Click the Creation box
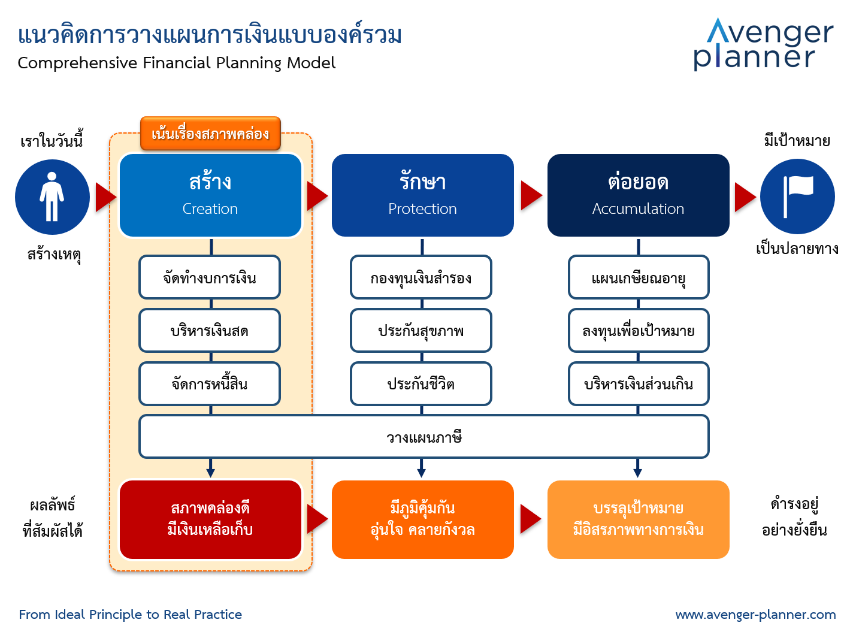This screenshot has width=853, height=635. pyautogui.click(x=210, y=195)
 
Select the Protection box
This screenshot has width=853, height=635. pyautogui.click(x=422, y=195)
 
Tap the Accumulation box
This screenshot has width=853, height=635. pyautogui.click(x=638, y=195)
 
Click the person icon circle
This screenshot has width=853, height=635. pyautogui.click(x=52, y=197)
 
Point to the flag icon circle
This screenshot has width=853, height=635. pyautogui.click(x=797, y=196)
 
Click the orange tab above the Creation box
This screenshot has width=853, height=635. pyautogui.click(x=210, y=133)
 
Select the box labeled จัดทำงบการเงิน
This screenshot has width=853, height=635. pyautogui.click(x=210, y=277)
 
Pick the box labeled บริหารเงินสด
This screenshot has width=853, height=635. pyautogui.click(x=210, y=331)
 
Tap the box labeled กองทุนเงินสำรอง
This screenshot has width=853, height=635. pyautogui.click(x=421, y=277)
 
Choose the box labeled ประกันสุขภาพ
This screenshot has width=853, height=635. pyautogui.click(x=421, y=331)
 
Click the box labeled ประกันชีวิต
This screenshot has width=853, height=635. pyautogui.click(x=421, y=383)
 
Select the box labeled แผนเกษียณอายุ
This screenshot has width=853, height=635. pyautogui.click(x=639, y=277)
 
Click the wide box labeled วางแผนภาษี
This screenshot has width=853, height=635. pyautogui.click(x=424, y=437)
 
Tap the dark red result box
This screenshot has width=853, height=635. pyautogui.click(x=210, y=519)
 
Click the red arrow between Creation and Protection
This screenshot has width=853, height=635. pyautogui.click(x=317, y=196)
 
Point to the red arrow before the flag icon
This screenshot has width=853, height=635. pyautogui.click(x=745, y=197)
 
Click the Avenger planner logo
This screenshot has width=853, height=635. pyautogui.click(x=763, y=44)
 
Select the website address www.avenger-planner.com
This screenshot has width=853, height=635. pyautogui.click(x=756, y=615)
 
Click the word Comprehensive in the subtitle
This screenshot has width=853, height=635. pyautogui.click(x=77, y=63)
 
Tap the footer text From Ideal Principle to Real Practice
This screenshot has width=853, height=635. pyautogui.click(x=131, y=615)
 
